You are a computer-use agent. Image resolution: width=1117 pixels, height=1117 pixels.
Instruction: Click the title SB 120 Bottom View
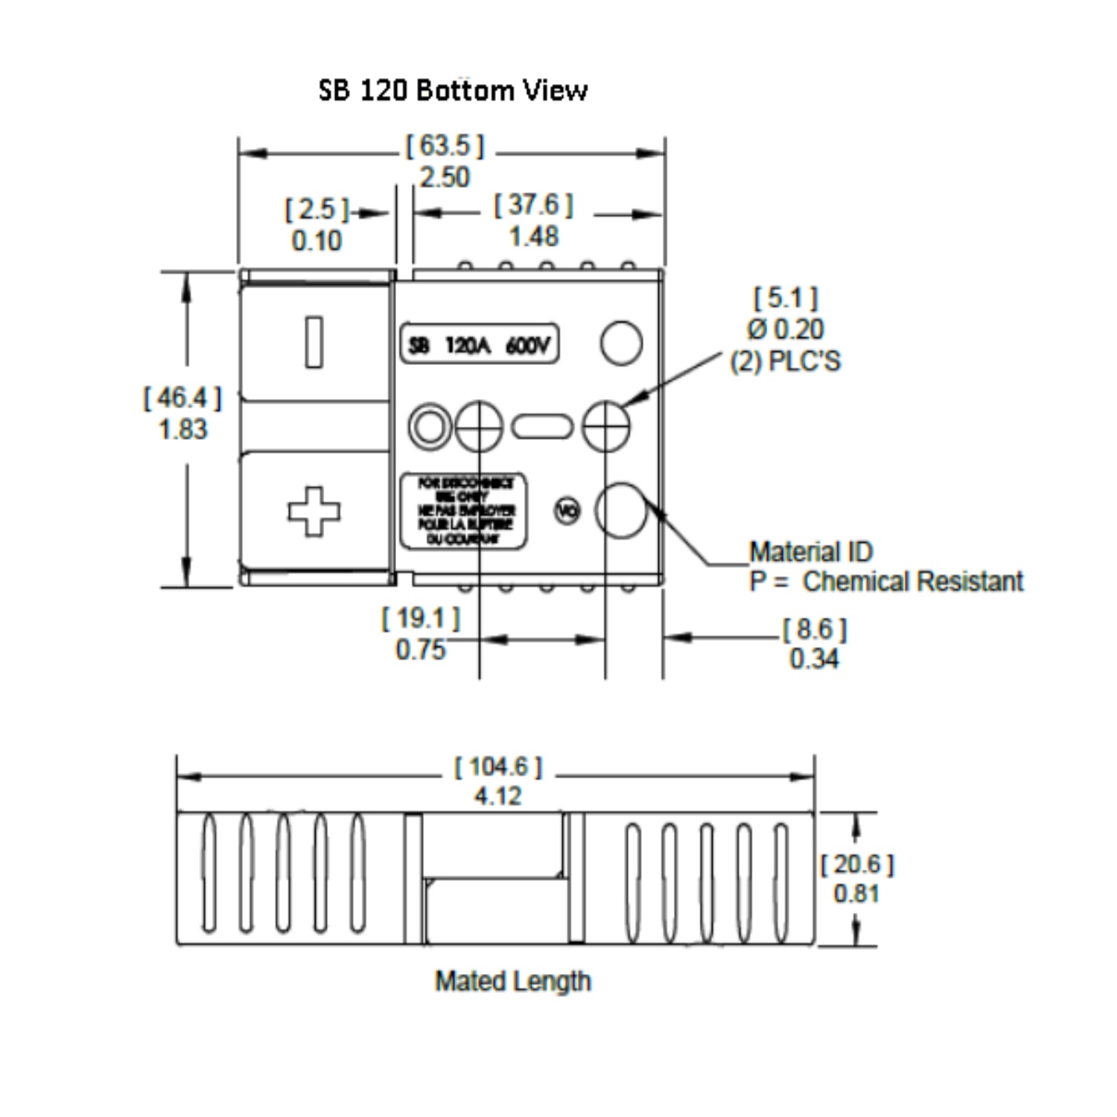tap(453, 90)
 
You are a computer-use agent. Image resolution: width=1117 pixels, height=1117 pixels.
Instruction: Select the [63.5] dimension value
tap(445, 145)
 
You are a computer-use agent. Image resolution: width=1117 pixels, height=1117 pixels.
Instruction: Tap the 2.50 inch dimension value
tap(445, 177)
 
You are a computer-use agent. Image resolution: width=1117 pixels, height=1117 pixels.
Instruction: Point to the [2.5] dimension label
tap(316, 209)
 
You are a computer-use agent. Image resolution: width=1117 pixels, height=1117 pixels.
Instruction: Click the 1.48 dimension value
tap(533, 237)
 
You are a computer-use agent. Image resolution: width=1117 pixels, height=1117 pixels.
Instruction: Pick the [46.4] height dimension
tap(182, 398)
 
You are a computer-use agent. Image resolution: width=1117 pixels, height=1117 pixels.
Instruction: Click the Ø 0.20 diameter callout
tap(786, 329)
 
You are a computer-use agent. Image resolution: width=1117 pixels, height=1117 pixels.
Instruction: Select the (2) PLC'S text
tap(785, 361)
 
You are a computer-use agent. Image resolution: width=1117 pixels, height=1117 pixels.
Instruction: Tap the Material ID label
tap(811, 552)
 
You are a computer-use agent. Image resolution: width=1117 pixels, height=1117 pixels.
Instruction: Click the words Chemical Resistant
tap(913, 582)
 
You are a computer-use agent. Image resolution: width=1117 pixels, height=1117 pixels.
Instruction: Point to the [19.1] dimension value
tap(421, 618)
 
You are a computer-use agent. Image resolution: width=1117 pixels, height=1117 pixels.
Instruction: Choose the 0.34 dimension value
tap(814, 659)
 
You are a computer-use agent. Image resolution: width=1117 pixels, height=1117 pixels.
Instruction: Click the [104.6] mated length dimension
tap(498, 766)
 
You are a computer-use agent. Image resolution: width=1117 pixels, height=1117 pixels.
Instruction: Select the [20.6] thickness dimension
tap(857, 865)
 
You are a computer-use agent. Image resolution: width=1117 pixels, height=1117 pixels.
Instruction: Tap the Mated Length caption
tap(513, 981)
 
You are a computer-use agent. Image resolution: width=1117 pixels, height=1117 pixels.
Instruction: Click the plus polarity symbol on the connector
tap(314, 512)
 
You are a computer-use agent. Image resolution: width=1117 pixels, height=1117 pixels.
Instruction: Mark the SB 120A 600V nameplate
tap(480, 345)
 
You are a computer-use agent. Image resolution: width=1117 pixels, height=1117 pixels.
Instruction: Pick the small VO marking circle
tap(567, 511)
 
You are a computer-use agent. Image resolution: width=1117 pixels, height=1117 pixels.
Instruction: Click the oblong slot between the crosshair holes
tap(543, 427)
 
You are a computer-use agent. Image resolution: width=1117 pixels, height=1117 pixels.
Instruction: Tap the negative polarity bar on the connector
tap(314, 343)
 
